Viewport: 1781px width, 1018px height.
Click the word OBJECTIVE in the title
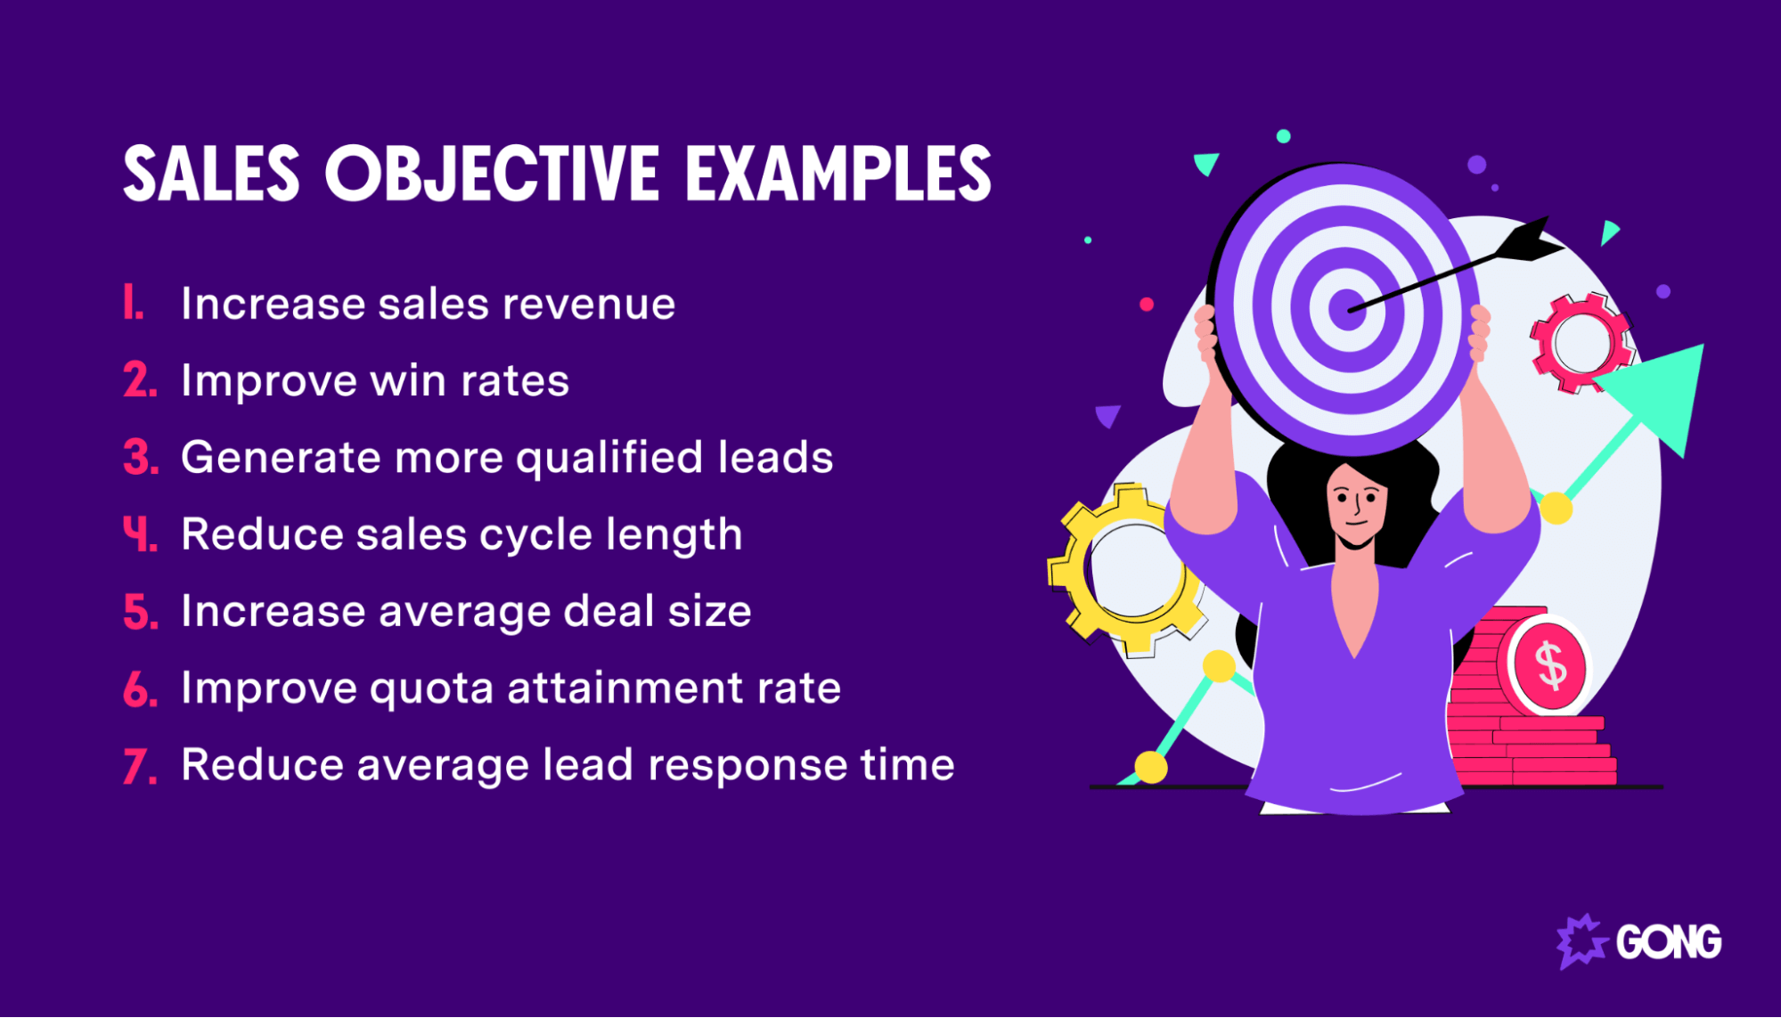tap(492, 174)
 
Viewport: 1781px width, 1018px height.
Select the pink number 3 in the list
tap(140, 458)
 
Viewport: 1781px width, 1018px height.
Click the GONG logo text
tap(1668, 942)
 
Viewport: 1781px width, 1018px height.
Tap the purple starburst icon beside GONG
tap(1581, 941)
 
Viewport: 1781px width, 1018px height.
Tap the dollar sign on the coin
tap(1551, 665)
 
